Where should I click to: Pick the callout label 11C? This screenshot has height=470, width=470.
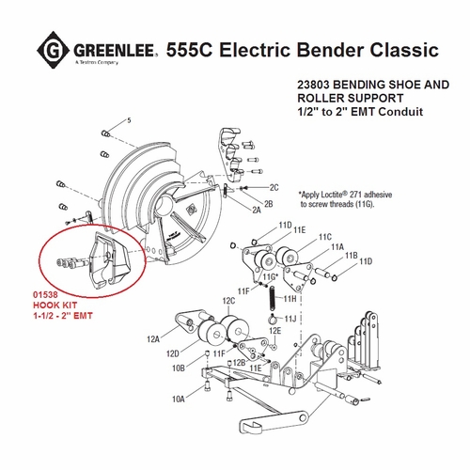coord(325,237)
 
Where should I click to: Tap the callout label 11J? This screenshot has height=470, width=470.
coord(291,319)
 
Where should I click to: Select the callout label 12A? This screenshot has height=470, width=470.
coord(151,337)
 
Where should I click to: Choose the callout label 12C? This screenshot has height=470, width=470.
coord(228,301)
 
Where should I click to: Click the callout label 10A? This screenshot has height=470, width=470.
coord(180,399)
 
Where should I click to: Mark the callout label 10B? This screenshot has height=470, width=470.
coord(180,368)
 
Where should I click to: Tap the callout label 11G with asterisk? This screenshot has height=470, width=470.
coord(271,276)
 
